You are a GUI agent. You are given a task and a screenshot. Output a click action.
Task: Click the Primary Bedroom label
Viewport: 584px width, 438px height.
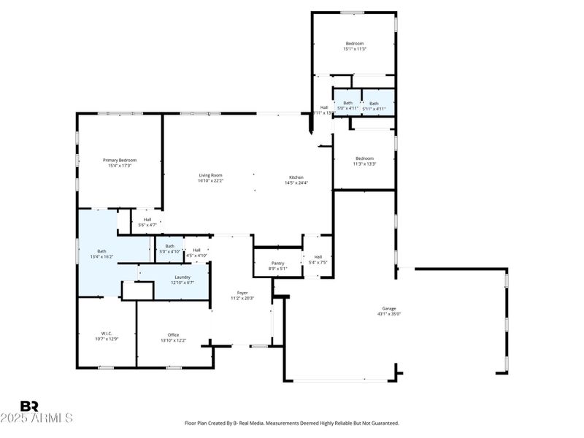click(x=120, y=161)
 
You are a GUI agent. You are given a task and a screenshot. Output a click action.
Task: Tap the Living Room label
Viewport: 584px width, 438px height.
click(x=210, y=175)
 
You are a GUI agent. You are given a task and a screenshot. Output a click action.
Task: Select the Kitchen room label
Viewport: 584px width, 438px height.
click(x=296, y=178)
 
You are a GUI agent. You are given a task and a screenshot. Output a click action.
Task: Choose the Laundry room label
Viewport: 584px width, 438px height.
click(x=182, y=277)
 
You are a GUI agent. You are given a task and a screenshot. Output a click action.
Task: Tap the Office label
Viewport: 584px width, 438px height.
click(x=173, y=335)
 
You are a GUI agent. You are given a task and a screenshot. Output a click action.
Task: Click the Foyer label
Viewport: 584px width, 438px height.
click(x=241, y=293)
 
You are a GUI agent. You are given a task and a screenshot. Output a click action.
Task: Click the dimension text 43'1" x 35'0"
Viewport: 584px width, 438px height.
click(x=389, y=314)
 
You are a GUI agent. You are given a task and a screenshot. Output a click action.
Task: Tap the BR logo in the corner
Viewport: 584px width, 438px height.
click(x=29, y=406)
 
